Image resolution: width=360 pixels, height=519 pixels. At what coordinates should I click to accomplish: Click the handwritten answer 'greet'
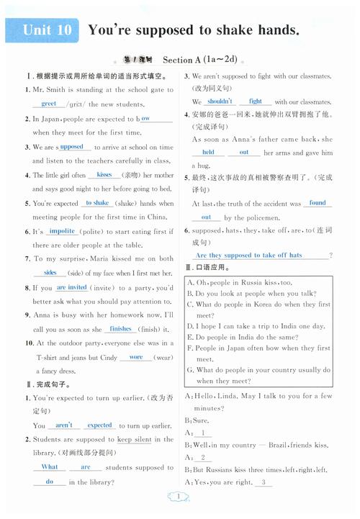click(48, 104)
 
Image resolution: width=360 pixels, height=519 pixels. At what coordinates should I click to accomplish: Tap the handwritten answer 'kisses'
click(104, 175)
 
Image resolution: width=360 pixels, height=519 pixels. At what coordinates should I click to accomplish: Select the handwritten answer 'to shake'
click(96, 204)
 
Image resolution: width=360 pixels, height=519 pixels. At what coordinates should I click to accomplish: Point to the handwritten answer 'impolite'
click(62, 231)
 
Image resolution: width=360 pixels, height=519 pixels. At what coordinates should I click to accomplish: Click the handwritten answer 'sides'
click(50, 273)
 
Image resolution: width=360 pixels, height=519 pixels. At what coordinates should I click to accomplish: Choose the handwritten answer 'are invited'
click(72, 287)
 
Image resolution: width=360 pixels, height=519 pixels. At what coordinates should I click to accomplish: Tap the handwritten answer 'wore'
click(135, 357)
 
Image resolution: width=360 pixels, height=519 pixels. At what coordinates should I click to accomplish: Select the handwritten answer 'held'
click(208, 153)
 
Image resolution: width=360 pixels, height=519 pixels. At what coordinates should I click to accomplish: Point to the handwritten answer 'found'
click(317, 203)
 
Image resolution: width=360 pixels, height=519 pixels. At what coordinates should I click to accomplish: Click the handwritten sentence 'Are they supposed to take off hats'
click(248, 256)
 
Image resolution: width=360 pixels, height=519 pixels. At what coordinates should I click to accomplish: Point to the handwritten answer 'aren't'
click(63, 425)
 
